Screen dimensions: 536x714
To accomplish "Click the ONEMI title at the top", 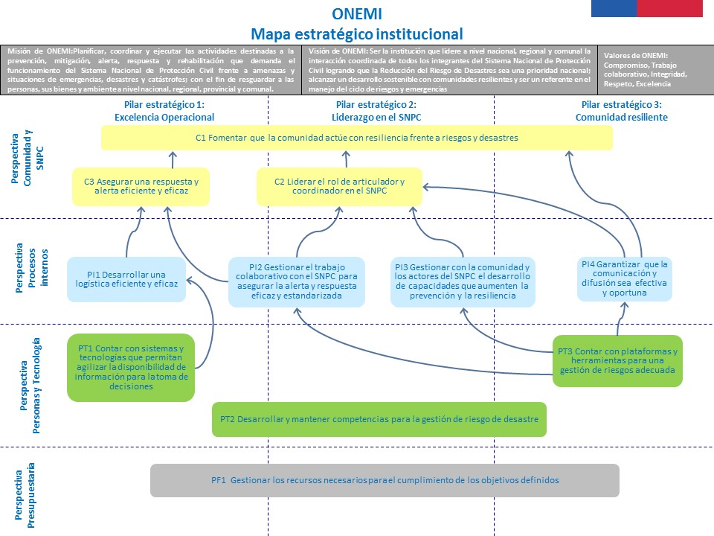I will pos(357,13).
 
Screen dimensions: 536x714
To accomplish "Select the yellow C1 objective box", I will pos(357,138).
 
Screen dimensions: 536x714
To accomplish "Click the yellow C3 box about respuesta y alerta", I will pos(141,186).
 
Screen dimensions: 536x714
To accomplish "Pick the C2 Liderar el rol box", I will pos(339,186).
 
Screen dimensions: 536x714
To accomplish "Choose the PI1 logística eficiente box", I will pos(126,279).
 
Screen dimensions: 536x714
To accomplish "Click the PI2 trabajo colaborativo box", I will pos(296,282).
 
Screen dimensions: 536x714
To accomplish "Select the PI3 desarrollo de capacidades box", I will pos(462,282).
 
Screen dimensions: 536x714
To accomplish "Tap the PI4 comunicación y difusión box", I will pos(624,278).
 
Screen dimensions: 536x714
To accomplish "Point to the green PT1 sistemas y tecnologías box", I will pos(131,367).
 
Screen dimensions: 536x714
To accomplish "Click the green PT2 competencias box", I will pos(379,420).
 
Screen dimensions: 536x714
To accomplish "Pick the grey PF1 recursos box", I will pos(385,480).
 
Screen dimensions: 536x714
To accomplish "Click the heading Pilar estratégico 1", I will pos(164,111).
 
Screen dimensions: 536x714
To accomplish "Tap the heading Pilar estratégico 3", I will pos(621,111).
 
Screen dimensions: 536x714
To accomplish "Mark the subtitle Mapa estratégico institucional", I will pos(357,33).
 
